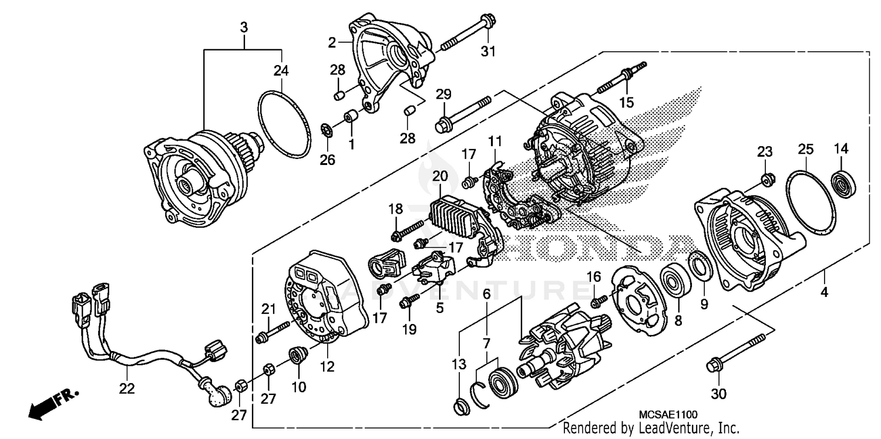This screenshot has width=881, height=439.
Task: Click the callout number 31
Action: tap(488, 52)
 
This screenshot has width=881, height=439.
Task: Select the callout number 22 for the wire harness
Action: tap(127, 389)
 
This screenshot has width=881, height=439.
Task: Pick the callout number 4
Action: tap(824, 292)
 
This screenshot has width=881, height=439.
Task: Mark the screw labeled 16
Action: tap(598, 301)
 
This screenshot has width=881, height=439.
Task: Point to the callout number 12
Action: tap(327, 367)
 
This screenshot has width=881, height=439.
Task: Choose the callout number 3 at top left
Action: tap(244, 27)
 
